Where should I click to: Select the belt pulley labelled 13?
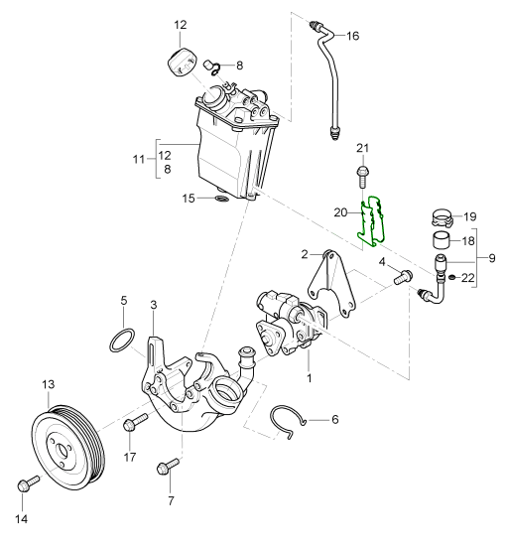[x=68, y=450]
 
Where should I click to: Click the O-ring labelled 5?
[x=122, y=340]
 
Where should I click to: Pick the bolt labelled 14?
[x=29, y=482]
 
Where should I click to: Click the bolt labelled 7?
[x=168, y=466]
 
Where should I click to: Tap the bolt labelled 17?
[x=135, y=422]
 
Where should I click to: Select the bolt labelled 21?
[x=363, y=177]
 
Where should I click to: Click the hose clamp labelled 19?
[x=443, y=217]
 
